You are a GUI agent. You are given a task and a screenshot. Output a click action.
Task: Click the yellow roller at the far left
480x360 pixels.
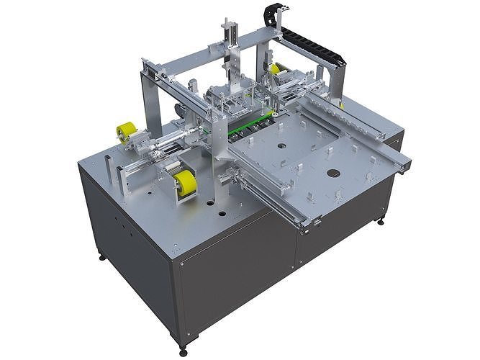[x=127, y=132]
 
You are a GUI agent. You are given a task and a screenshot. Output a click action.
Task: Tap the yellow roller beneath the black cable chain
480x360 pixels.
[x=276, y=69]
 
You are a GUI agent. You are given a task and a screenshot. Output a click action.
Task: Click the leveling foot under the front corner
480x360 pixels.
[x=182, y=351]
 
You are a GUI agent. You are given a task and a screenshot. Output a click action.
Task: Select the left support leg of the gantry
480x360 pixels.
[x=152, y=101]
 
